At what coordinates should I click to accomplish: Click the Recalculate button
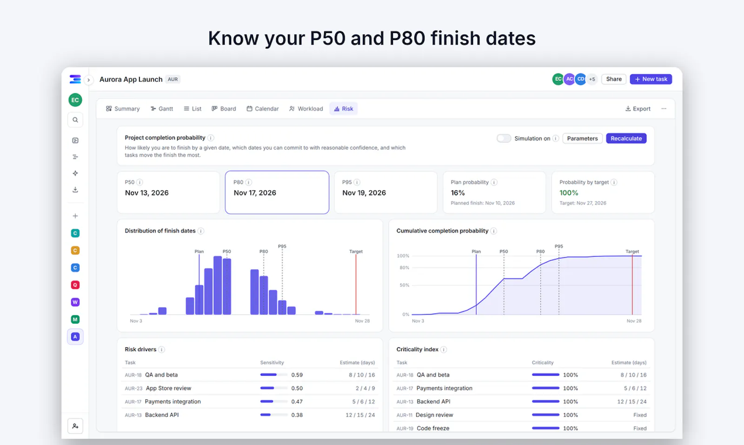click(626, 139)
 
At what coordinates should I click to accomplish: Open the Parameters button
click(582, 139)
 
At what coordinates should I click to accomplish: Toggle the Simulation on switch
click(504, 138)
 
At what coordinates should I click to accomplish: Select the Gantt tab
click(162, 109)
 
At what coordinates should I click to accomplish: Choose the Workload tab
click(306, 109)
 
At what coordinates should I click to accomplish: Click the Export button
click(638, 109)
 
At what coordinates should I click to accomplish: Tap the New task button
click(651, 79)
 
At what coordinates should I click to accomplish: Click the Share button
click(613, 79)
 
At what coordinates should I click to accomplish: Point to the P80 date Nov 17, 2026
click(255, 193)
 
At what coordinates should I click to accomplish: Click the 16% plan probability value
click(458, 193)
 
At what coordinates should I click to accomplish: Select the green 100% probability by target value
click(569, 193)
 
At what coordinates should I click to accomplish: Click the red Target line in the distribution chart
click(356, 285)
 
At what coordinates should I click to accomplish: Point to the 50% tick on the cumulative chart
click(404, 285)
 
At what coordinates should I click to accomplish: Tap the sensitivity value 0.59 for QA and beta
click(297, 375)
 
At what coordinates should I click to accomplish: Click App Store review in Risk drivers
click(168, 388)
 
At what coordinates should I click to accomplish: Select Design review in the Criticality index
click(434, 415)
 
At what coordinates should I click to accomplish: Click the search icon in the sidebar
click(75, 120)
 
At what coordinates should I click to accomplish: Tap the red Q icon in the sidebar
click(75, 285)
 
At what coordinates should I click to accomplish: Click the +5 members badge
click(592, 79)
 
